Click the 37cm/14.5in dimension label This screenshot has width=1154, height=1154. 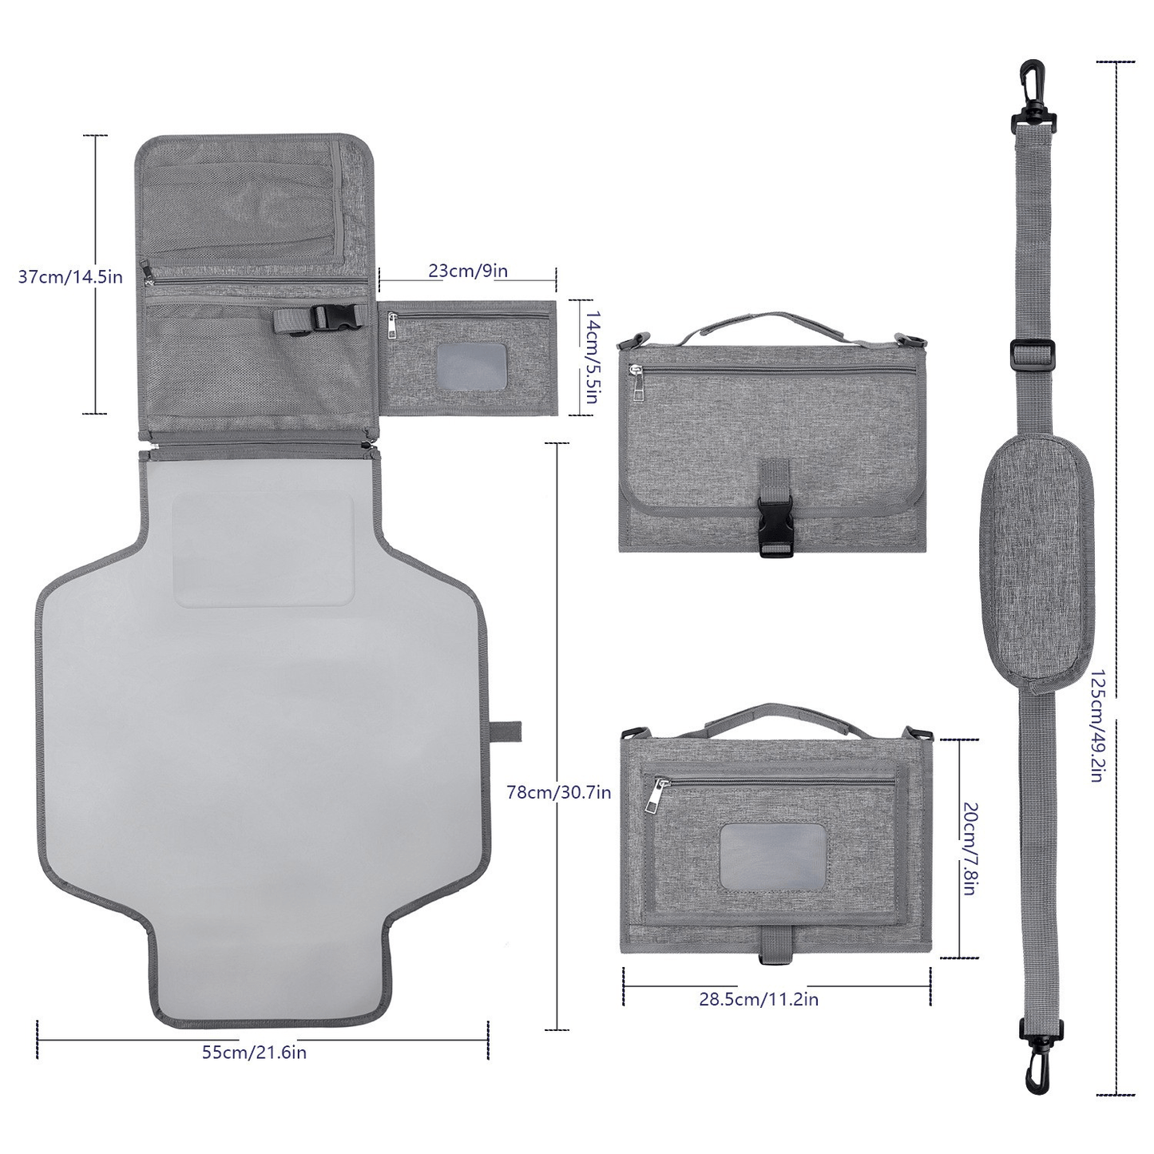click(x=70, y=277)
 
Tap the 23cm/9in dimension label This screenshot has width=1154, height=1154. click(x=468, y=270)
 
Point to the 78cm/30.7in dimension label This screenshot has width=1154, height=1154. click(x=559, y=792)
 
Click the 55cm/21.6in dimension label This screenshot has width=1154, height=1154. click(x=254, y=1053)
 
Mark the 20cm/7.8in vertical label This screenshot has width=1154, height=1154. click(x=968, y=848)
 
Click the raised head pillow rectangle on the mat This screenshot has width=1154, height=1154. click(x=264, y=549)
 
